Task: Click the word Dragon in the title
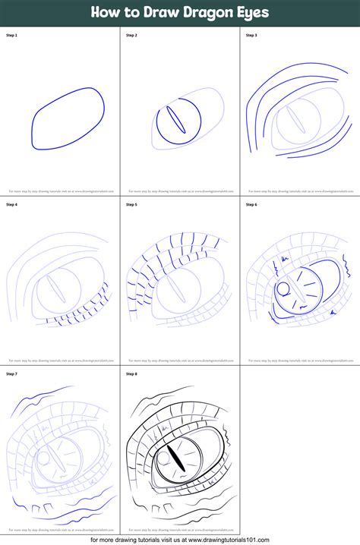point(199,13)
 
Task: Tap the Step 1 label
point(12,35)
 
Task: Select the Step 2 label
point(131,35)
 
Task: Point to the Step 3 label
point(251,35)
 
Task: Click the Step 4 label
point(12,204)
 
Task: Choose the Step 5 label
point(131,204)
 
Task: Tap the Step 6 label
point(251,204)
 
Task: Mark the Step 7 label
point(12,374)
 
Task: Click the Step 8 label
point(131,374)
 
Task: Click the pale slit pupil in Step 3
point(295,120)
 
